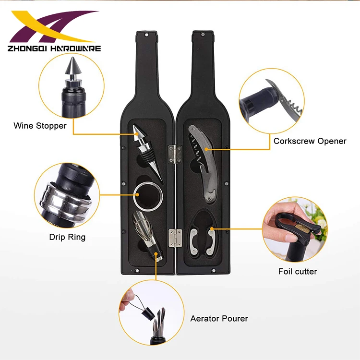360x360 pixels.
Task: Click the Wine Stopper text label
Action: coord(40,126)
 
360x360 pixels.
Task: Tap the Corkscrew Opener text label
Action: coord(310,141)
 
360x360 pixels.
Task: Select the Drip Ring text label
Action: coord(67,237)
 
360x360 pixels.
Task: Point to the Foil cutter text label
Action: coord(298,272)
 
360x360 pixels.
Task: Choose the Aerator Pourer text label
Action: coord(219,318)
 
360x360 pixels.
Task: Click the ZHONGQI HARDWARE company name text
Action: coord(54,48)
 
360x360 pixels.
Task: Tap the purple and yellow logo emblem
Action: coord(53,28)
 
